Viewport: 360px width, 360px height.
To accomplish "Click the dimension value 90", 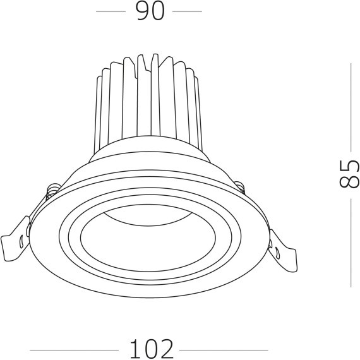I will click(150, 12).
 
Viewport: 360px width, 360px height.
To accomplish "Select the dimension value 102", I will click(152, 349).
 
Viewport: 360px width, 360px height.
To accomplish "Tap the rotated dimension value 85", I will click(349, 174).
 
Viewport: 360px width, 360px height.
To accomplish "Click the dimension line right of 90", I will click(187, 12).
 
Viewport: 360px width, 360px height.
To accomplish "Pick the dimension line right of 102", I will click(224, 349).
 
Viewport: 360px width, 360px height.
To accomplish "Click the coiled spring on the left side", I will click(54, 190).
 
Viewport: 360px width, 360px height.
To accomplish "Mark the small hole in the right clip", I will click(279, 252).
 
